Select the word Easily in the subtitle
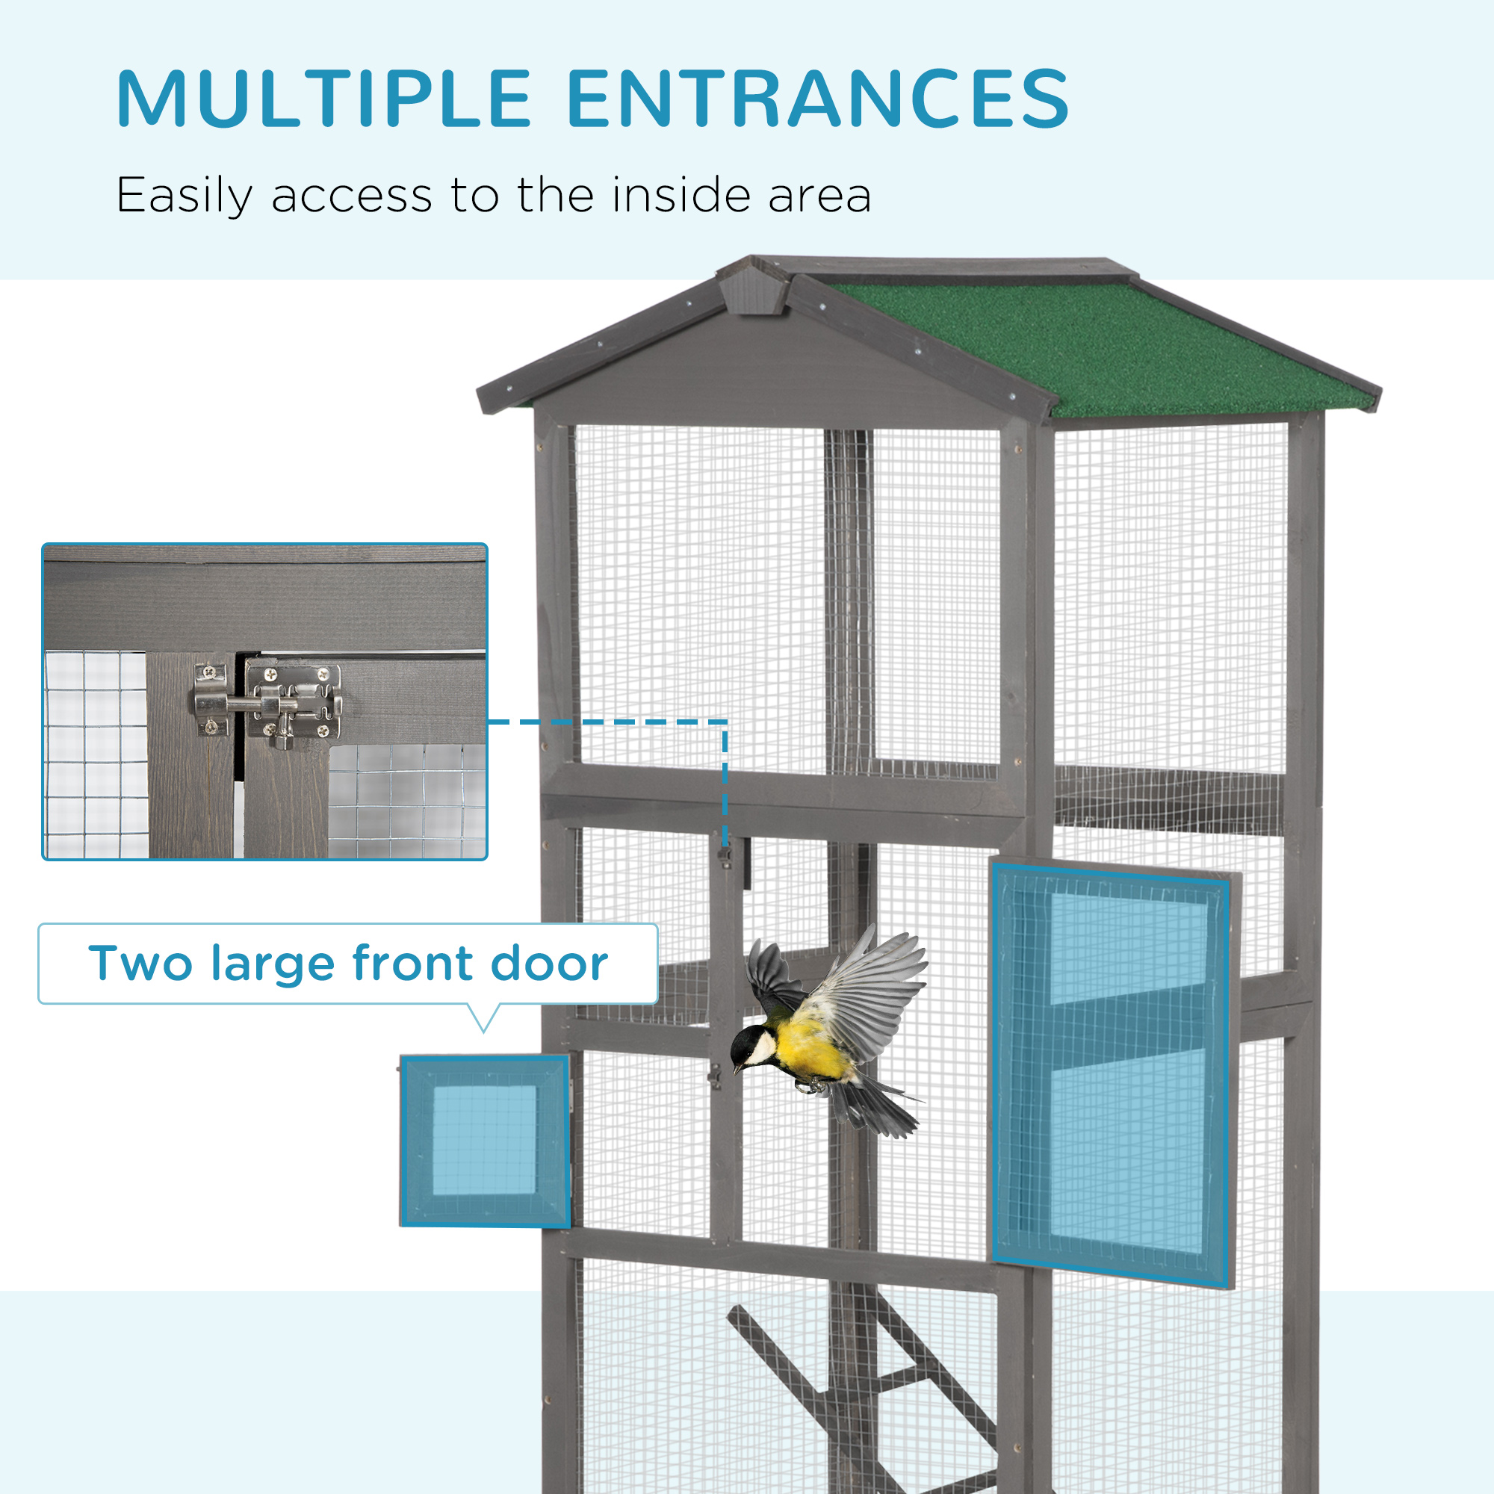[184, 196]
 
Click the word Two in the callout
[140, 964]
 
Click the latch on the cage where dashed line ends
[725, 855]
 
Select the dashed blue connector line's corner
[725, 722]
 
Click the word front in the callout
[411, 964]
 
